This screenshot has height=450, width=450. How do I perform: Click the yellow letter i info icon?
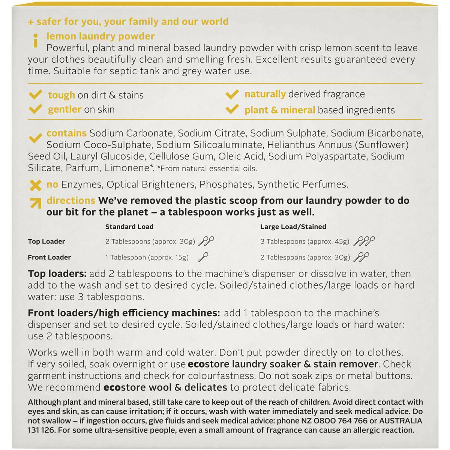pyautogui.click(x=36, y=40)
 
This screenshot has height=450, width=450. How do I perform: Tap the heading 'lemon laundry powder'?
pyautogui.click(x=100, y=36)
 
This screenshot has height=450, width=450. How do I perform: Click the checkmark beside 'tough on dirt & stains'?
pyautogui.click(x=35, y=94)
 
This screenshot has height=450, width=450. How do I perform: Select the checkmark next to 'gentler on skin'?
pyautogui.click(x=35, y=109)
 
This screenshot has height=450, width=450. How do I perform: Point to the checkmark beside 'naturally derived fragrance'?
pyautogui.click(x=232, y=94)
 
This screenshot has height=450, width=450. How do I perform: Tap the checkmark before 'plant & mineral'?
pyautogui.click(x=232, y=109)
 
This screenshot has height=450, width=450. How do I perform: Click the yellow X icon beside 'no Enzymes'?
pyautogui.click(x=36, y=185)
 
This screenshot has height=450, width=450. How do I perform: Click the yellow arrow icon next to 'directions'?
pyautogui.click(x=36, y=202)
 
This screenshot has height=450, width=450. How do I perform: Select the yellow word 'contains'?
pyautogui.click(x=66, y=133)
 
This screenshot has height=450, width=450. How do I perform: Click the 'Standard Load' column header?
pyautogui.click(x=129, y=226)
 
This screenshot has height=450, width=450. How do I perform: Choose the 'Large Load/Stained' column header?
pyautogui.click(x=293, y=226)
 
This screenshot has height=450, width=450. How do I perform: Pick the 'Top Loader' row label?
pyautogui.click(x=46, y=241)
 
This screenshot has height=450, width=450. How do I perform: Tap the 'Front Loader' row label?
pyautogui.click(x=49, y=257)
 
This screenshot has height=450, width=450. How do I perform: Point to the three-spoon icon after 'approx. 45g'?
pyautogui.click(x=364, y=241)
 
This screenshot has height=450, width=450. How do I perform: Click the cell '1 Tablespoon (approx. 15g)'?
pyautogui.click(x=147, y=257)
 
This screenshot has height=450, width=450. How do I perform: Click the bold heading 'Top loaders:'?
pyautogui.click(x=57, y=274)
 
